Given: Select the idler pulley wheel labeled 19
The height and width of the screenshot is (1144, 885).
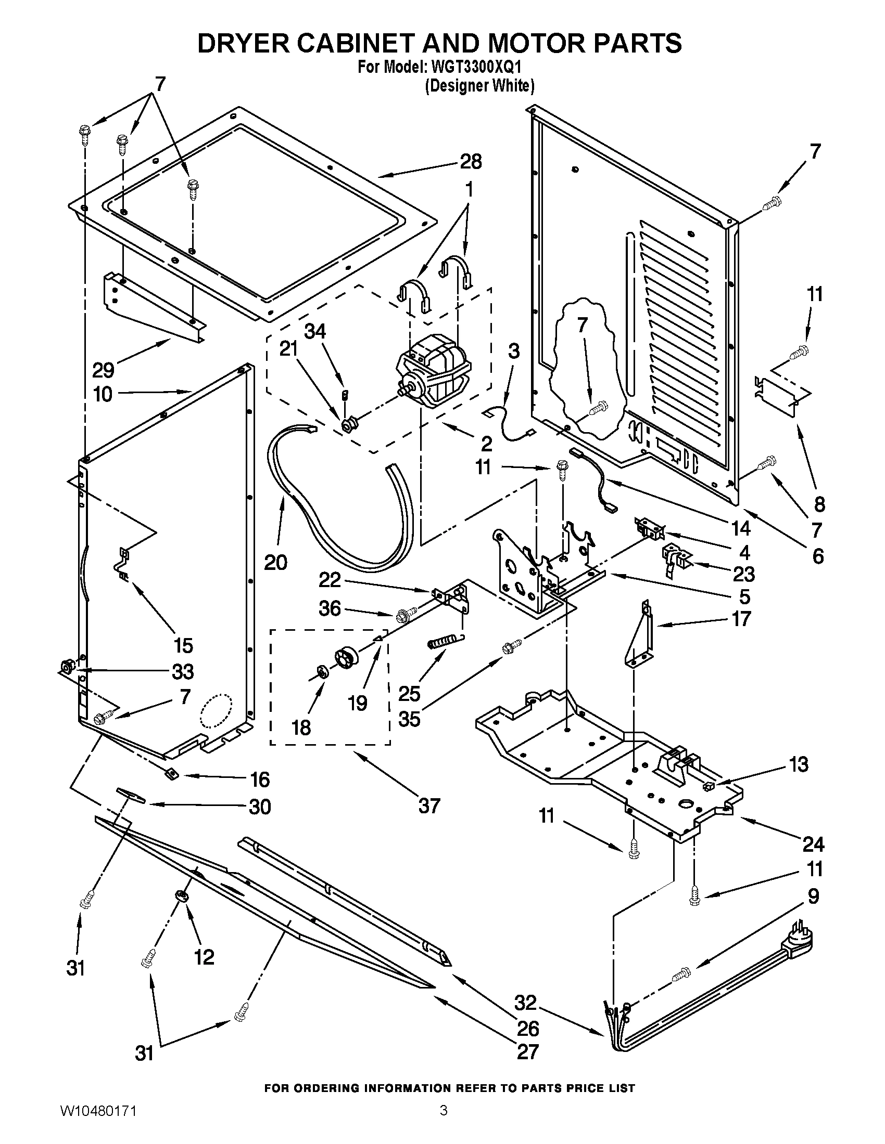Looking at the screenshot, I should pos(346,658).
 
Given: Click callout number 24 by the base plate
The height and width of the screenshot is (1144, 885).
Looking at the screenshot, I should pos(813,844).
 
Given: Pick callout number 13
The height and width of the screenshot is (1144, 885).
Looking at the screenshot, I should pos(798,764).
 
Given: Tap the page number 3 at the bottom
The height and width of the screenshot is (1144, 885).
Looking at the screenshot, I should pos(443,1123).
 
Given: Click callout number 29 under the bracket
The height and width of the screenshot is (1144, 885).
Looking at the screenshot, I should pos(103,370).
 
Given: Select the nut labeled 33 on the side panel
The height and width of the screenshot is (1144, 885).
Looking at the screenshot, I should pos(67,667).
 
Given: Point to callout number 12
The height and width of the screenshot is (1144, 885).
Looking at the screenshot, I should pos(204,957).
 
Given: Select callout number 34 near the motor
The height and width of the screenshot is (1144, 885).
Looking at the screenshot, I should pos(315,331).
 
